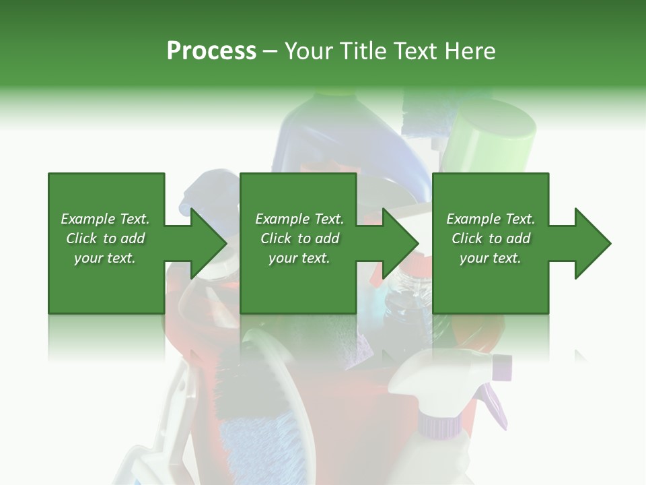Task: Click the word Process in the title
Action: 211,51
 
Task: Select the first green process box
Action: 106,283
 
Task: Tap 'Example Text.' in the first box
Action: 105,219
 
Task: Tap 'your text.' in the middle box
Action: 299,258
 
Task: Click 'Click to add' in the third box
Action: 491,238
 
